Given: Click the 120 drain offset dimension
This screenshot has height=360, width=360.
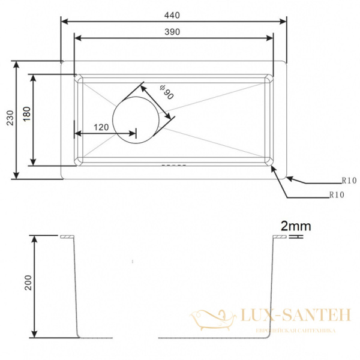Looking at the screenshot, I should [101, 127].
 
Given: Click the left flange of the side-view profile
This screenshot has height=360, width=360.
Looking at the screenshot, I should [67, 237].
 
